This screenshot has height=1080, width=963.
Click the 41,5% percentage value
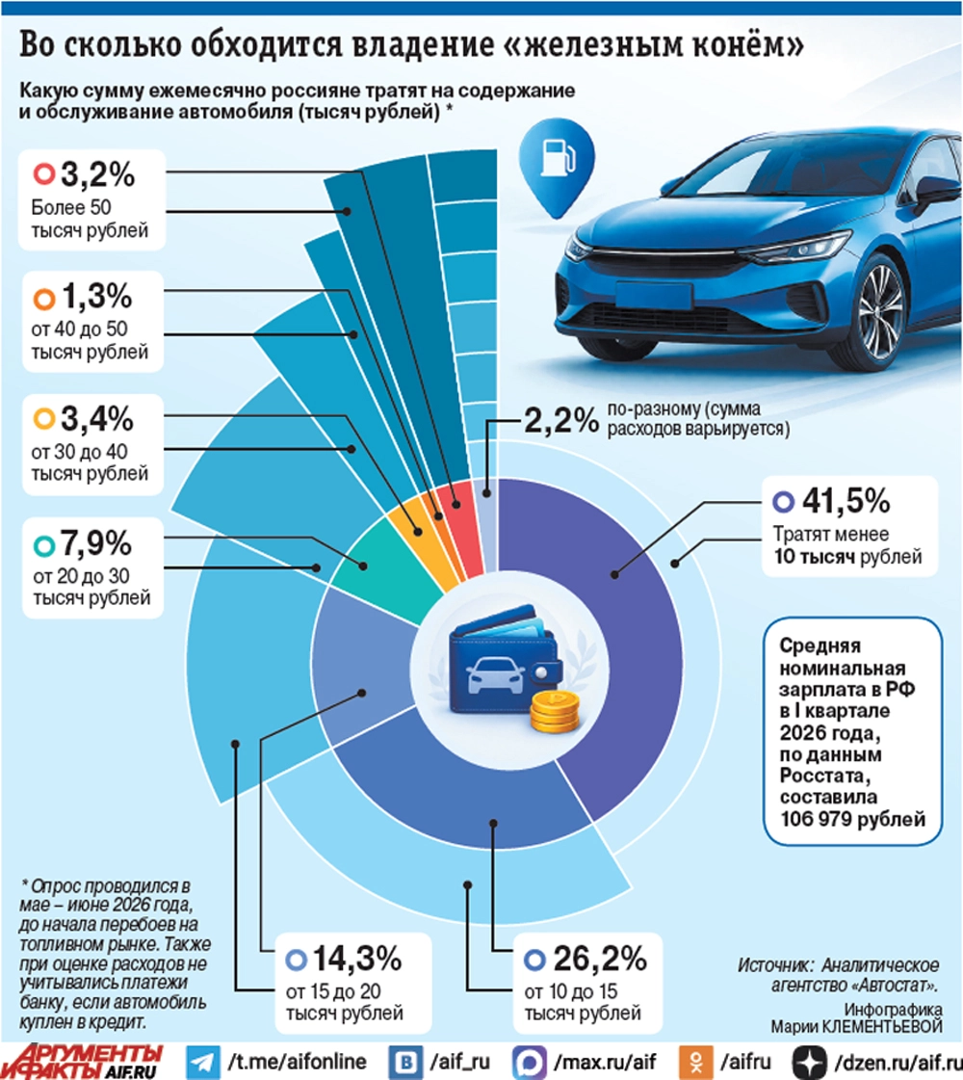click(846, 501)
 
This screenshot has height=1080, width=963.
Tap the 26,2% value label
click(600, 958)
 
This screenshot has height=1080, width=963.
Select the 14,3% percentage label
click(357, 958)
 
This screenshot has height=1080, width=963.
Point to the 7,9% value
click(96, 543)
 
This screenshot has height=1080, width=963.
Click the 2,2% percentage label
click(561, 419)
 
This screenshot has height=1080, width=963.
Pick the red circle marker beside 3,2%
click(44, 173)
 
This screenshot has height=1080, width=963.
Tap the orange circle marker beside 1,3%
click(44, 299)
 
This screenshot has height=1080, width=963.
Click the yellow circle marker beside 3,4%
click(44, 418)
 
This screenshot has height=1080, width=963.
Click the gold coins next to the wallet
click(555, 712)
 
